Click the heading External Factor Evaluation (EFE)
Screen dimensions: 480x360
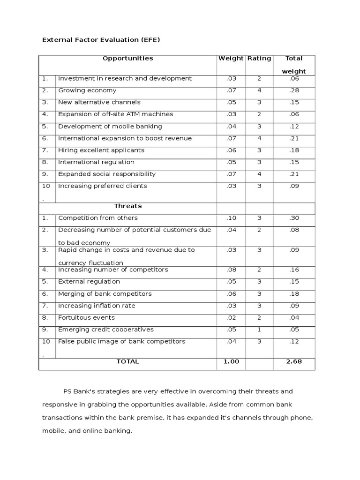101,40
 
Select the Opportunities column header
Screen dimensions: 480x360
127,59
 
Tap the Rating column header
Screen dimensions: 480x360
259,59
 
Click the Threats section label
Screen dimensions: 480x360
127,206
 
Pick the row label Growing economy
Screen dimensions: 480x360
87,90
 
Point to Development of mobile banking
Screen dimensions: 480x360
110,127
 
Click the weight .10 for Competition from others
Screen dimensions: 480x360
231,218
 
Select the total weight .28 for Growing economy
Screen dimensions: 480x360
294,90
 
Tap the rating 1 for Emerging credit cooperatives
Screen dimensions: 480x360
259,330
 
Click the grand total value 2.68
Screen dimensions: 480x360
294,362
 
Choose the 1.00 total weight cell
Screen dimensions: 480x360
231,362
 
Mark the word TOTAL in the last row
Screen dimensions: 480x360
127,362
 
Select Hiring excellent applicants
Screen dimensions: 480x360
101,150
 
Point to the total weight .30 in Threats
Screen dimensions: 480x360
294,218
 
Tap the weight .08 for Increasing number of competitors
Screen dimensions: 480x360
231,270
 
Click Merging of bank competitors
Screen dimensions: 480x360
105,294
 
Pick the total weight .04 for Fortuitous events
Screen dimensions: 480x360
294,318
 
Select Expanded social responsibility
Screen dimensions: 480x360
106,174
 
